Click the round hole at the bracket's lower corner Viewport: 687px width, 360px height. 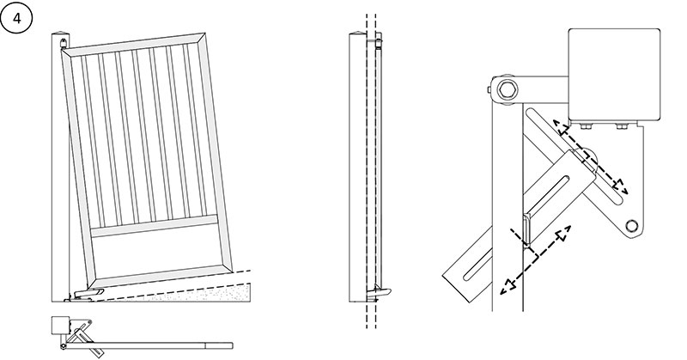633,225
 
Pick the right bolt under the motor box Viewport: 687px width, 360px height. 621,128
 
